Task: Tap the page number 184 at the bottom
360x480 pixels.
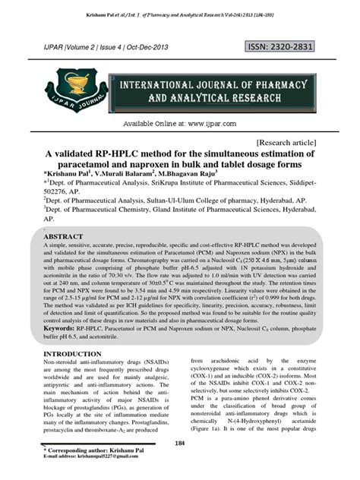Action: pos(180,443)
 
